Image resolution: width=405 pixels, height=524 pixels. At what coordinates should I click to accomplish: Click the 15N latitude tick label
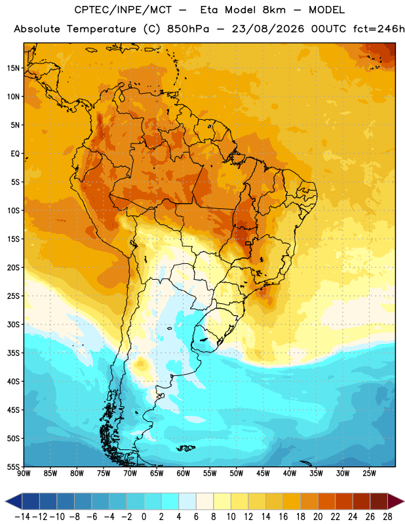tap(13, 68)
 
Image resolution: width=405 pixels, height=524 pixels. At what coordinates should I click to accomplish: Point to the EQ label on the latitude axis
tap(15, 154)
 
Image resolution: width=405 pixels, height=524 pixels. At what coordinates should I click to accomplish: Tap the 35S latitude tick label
tap(13, 353)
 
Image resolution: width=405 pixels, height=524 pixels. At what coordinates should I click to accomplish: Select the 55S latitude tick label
tap(13, 467)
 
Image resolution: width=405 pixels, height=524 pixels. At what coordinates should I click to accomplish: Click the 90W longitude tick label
tap(24, 474)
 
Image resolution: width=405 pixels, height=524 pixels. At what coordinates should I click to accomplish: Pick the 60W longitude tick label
tap(183, 474)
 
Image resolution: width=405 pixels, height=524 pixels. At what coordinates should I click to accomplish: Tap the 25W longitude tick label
tap(369, 474)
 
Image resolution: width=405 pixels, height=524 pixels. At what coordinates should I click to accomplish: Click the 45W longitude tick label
tap(263, 474)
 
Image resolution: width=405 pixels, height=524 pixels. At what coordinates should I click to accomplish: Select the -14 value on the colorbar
tap(22, 517)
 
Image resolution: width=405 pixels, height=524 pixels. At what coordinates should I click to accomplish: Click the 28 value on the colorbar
tap(387, 517)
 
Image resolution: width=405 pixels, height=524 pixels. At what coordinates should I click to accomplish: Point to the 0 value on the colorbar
tap(144, 517)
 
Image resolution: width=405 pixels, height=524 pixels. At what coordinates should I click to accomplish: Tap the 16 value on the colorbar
tap(283, 517)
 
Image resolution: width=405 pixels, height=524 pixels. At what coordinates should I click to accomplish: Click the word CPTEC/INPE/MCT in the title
tap(123, 10)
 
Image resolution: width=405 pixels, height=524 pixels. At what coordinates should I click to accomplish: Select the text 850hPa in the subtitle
tap(188, 29)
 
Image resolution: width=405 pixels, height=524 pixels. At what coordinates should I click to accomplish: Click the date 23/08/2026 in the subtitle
tap(268, 29)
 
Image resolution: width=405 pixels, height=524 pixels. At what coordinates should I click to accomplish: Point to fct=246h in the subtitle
tap(379, 29)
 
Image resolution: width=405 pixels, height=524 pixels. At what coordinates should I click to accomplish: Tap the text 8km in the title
tap(274, 10)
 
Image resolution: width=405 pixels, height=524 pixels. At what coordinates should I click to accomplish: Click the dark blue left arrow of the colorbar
tap(13, 501)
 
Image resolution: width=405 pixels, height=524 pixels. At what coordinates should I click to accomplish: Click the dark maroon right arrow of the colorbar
tap(396, 501)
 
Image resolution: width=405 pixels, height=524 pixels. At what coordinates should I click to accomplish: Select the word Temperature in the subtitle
tap(102, 29)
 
